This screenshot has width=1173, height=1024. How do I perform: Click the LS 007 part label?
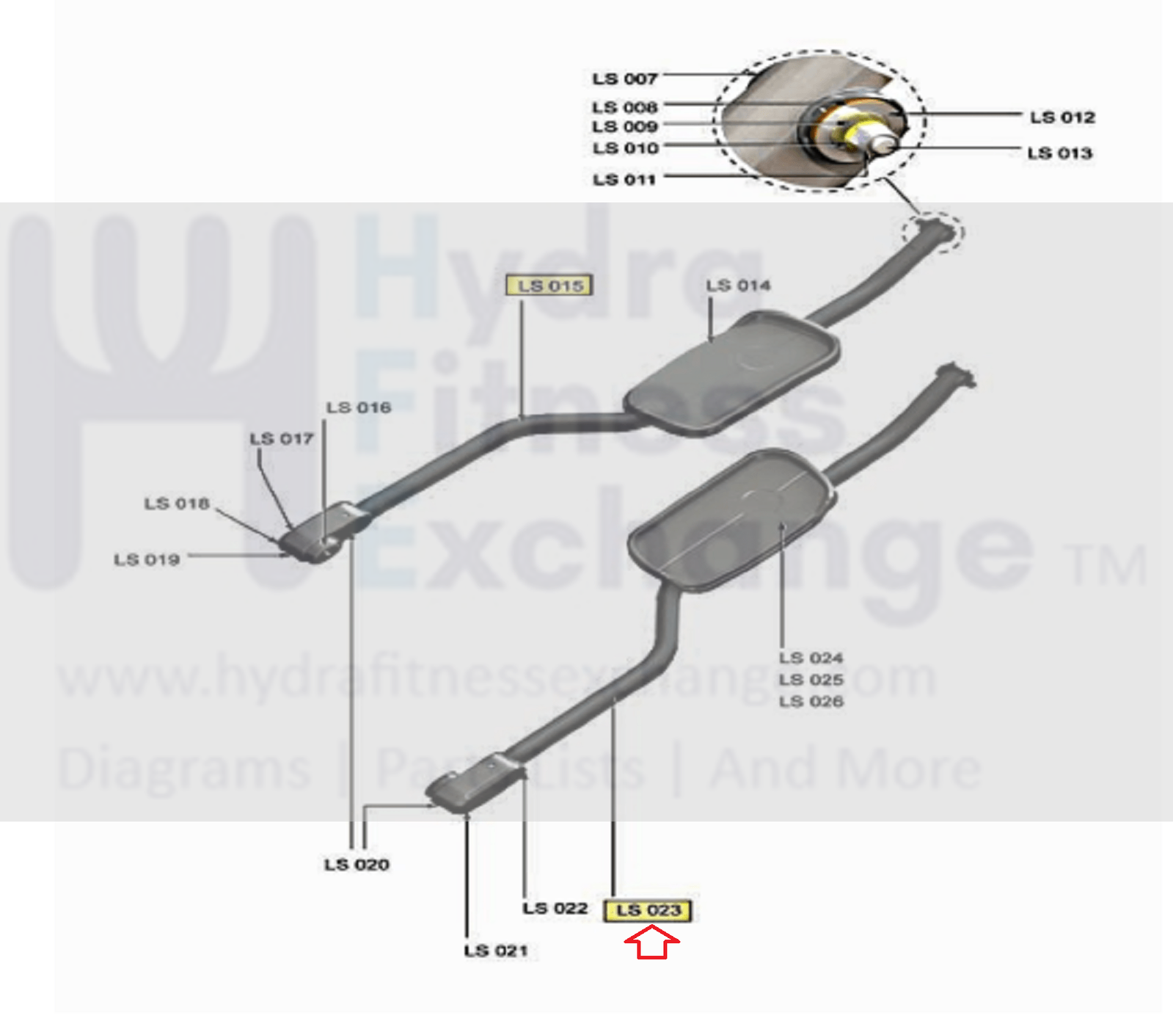pyautogui.click(x=624, y=79)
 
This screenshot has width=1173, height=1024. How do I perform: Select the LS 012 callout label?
pyautogui.click(x=1061, y=117)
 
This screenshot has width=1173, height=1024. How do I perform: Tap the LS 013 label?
pyautogui.click(x=1059, y=153)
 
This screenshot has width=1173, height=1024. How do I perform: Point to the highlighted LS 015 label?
pyautogui.click(x=549, y=286)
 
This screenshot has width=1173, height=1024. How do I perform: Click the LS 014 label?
pyautogui.click(x=738, y=286)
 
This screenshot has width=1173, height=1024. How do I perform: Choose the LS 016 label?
pyautogui.click(x=359, y=408)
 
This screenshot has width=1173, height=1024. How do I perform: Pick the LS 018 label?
pyautogui.click(x=177, y=504)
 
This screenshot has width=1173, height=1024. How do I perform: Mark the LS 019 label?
pyautogui.click(x=147, y=560)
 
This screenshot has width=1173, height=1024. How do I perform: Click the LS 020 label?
pyautogui.click(x=357, y=865)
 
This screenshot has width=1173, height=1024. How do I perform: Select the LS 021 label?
pyautogui.click(x=496, y=951)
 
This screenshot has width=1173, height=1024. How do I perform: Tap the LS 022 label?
pyautogui.click(x=555, y=909)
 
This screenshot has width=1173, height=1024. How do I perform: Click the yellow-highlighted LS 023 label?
pyautogui.click(x=648, y=911)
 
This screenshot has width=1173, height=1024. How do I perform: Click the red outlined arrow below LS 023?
pyautogui.click(x=651, y=943)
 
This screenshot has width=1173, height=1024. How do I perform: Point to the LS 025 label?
pyautogui.click(x=811, y=680)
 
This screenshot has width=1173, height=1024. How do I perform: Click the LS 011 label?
pyautogui.click(x=624, y=180)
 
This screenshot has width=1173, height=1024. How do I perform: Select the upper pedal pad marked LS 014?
pyautogui.click(x=734, y=371)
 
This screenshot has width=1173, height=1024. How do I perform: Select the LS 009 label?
pyautogui.click(x=624, y=127)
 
